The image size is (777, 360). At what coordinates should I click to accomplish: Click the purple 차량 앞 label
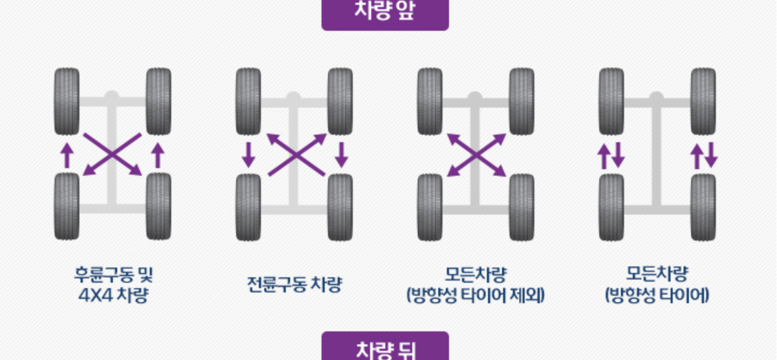point(385,12)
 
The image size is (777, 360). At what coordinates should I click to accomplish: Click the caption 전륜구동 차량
point(294,285)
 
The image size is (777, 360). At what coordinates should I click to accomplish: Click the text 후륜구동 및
point(113,275)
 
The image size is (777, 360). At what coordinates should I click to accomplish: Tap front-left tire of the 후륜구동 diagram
point(67,101)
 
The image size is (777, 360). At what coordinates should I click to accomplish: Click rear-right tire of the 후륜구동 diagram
point(159,206)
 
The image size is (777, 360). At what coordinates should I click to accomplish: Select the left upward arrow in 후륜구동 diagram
point(66,155)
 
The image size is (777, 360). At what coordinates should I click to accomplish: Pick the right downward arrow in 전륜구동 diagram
point(341,155)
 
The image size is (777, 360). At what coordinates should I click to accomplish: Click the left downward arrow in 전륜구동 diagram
point(249,155)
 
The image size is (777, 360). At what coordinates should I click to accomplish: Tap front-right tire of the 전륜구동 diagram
point(340,101)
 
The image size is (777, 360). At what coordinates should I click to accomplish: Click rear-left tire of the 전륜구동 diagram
point(249,206)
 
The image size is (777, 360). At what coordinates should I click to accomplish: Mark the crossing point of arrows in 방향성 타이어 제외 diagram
point(477,155)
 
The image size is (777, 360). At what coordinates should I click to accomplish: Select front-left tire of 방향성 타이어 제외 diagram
point(430,101)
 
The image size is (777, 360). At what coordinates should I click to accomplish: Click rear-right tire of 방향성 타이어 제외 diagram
point(522,206)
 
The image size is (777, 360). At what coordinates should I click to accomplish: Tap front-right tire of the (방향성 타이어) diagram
point(704,101)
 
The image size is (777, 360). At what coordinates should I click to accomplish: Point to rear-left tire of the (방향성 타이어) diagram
point(612,206)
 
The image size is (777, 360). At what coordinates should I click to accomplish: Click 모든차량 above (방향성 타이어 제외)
point(475,275)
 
